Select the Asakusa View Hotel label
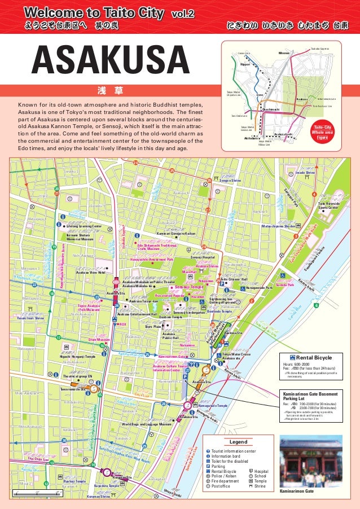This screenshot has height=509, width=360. coord(90,272)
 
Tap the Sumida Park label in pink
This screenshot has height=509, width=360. coord(285,285)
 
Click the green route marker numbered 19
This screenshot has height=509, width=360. coord(54,247)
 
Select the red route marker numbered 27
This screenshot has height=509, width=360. coord(208,210)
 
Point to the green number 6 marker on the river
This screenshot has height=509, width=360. coord(316,305)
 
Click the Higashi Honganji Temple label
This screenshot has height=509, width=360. coord(78,357)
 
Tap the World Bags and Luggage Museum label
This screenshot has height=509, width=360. coord(146,424)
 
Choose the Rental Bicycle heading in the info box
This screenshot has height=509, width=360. coord(316,357)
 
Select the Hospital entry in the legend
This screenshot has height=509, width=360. coord(261,471)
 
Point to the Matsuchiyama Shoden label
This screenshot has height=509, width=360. coord(278,226)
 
